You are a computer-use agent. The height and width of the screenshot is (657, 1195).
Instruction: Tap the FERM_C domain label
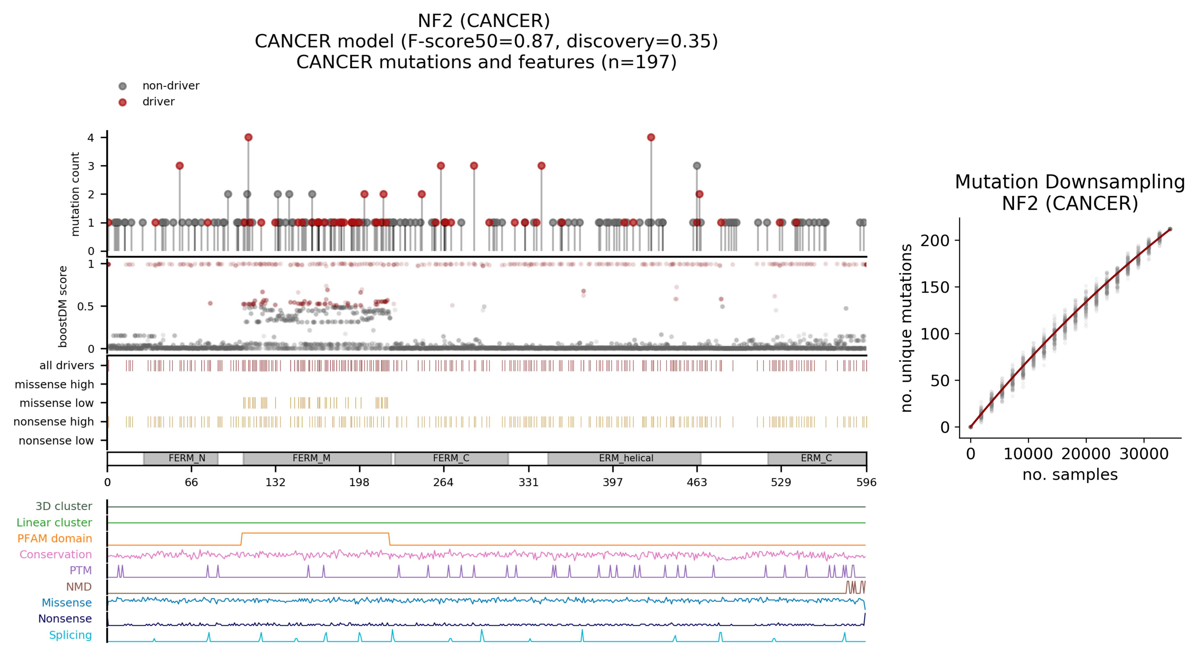click(451, 458)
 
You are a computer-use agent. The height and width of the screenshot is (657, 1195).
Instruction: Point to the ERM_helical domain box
click(624, 458)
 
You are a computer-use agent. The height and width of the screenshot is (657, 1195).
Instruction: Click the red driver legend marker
click(122, 102)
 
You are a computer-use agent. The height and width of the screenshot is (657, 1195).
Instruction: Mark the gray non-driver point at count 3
click(697, 166)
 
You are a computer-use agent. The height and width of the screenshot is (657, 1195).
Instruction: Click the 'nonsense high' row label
click(53, 422)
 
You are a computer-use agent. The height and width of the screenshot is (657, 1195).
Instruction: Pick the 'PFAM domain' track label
click(55, 539)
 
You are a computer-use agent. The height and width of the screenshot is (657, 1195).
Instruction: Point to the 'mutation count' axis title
click(75, 194)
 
